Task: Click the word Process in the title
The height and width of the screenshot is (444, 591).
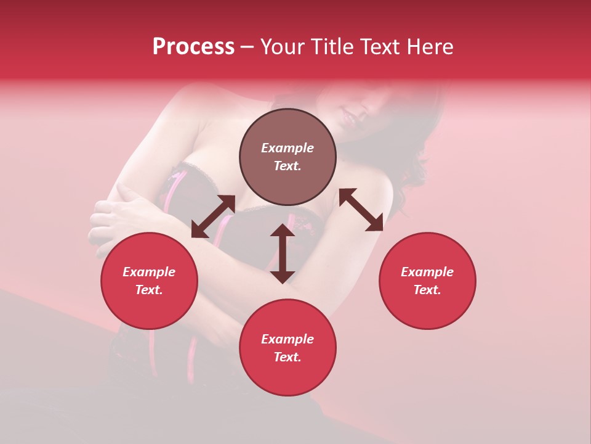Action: tap(193, 47)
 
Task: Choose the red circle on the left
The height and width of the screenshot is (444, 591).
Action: tap(149, 281)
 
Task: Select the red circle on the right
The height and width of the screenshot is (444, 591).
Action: tap(427, 281)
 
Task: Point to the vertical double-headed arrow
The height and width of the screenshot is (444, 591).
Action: tap(283, 253)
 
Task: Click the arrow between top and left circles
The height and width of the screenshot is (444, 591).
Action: tap(213, 216)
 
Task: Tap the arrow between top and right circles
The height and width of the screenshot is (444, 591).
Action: tap(361, 210)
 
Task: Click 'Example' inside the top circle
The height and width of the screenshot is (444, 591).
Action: tap(287, 148)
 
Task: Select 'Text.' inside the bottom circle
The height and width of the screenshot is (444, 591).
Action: tap(287, 357)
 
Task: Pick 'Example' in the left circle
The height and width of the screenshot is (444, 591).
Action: tap(149, 272)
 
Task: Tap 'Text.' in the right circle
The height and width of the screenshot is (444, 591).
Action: tap(427, 290)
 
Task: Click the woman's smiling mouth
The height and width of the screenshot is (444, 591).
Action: tap(347, 115)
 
